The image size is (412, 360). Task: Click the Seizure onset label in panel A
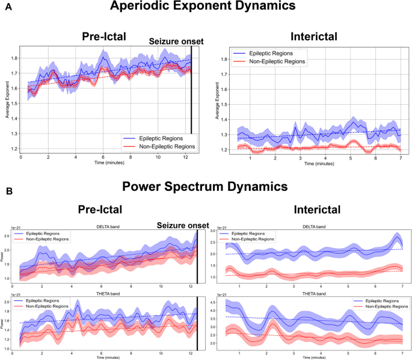coord(176,41)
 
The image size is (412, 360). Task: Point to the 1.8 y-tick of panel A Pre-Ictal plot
coord(14,58)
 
